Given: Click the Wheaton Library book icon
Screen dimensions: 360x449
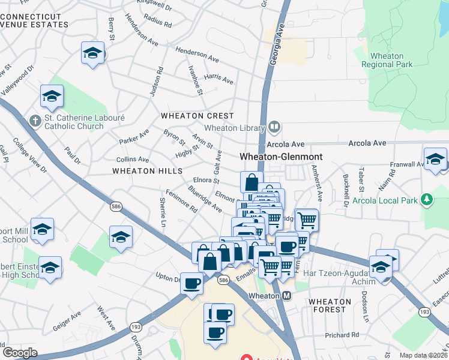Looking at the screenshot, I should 274,127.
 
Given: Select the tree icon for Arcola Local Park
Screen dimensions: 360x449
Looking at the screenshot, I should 427,199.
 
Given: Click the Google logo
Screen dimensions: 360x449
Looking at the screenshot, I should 20,352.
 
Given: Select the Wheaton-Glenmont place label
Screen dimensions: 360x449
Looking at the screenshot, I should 281,156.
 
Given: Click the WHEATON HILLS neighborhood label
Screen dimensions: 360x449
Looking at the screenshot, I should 147,171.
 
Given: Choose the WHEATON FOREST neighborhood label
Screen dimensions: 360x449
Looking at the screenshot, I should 328,305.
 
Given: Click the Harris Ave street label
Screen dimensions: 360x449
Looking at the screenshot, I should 218,79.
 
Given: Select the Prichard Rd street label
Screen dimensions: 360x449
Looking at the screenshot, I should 342,335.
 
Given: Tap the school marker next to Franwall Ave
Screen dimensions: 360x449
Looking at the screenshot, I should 435,159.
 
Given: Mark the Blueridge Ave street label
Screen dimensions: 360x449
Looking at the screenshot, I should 205,199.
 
